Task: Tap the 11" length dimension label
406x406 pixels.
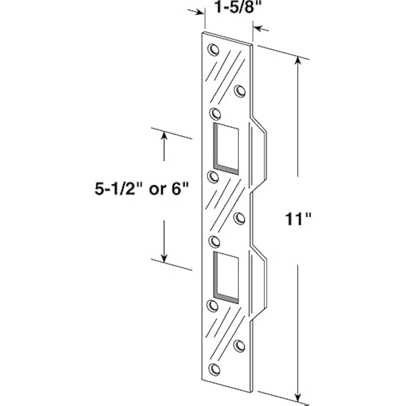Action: (x=297, y=220)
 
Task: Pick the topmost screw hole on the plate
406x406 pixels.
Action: (x=213, y=50)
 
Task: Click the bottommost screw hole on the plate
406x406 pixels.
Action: (x=214, y=369)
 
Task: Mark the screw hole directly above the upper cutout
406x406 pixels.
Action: (x=215, y=112)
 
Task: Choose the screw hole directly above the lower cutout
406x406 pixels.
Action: (x=214, y=241)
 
